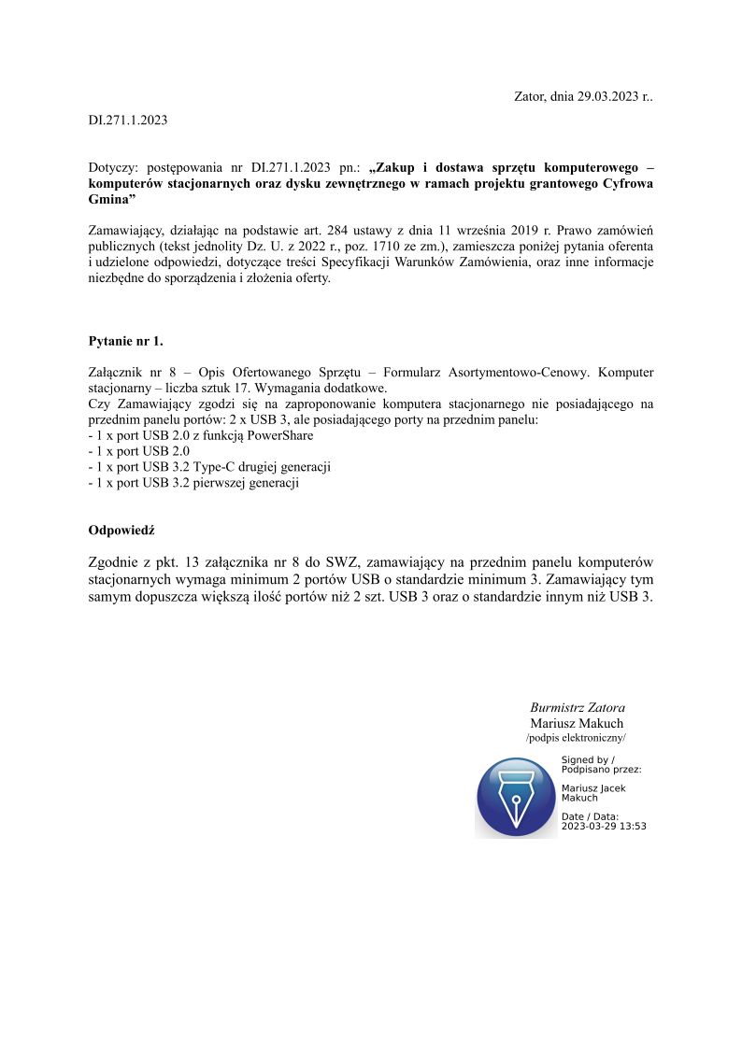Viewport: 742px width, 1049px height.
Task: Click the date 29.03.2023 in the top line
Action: pos(607,96)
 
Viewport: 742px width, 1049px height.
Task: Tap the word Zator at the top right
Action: pos(530,96)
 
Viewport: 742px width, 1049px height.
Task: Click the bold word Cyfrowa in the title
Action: pos(629,184)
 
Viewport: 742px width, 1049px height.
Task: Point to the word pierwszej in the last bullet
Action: pos(219,483)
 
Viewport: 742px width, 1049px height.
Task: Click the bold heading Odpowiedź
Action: pos(121,530)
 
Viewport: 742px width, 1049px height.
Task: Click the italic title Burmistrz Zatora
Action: pos(578,707)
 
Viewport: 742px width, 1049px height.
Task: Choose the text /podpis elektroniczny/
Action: pos(576,738)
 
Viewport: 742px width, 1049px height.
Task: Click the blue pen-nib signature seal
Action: pos(516,797)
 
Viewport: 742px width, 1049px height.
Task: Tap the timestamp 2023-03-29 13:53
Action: pos(604,826)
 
